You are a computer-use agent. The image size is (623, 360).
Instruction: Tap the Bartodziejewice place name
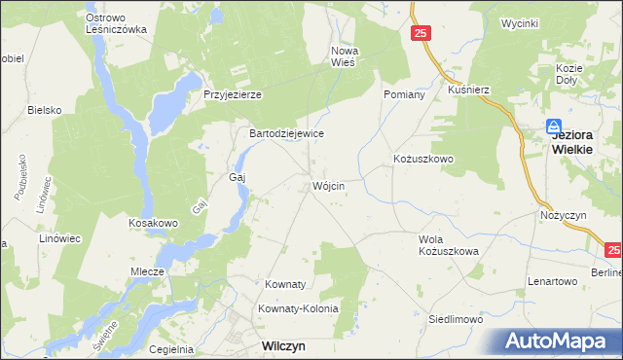tap(286, 133)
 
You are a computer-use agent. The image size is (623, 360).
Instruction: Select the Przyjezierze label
tap(233, 94)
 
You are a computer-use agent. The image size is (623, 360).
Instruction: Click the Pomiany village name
tap(404, 94)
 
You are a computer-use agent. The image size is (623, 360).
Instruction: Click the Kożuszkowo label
tap(423, 158)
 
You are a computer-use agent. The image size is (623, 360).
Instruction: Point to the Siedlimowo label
tap(457, 318)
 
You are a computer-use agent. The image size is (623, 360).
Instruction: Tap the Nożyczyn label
tap(560, 214)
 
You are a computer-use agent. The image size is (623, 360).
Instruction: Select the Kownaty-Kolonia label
tap(298, 308)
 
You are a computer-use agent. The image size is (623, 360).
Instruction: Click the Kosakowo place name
tap(153, 223)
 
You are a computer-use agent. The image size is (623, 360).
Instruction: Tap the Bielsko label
tap(45, 110)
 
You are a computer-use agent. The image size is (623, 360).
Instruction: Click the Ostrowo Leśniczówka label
tap(116, 23)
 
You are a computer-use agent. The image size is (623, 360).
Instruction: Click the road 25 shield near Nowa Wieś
tap(421, 34)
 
